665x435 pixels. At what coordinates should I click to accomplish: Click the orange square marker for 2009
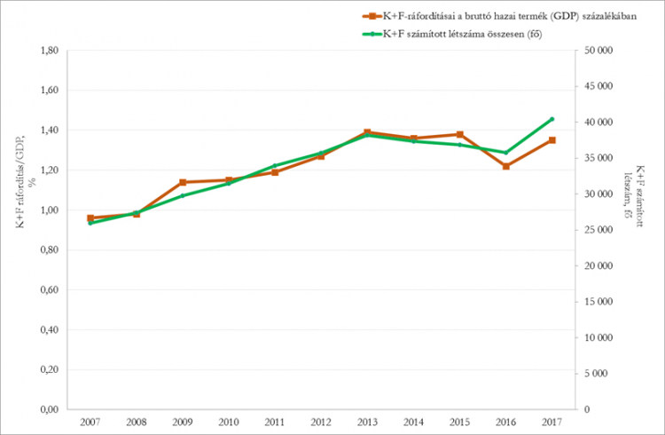pyautogui.click(x=183, y=182)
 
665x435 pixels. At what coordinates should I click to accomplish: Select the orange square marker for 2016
pyautogui.click(x=505, y=166)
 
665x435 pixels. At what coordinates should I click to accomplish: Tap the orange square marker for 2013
pyautogui.click(x=367, y=132)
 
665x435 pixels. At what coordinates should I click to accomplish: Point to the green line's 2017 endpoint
pyautogui.click(x=552, y=119)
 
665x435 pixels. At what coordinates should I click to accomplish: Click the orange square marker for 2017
pyautogui.click(x=552, y=140)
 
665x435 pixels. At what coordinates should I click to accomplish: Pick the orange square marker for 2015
pyautogui.click(x=459, y=134)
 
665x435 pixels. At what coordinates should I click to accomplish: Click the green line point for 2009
pyautogui.click(x=183, y=195)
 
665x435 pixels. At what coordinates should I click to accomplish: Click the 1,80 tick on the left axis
pyautogui.click(x=47, y=51)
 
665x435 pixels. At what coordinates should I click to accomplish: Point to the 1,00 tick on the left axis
pyautogui.click(x=47, y=210)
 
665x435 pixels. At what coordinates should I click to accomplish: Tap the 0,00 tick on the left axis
pyautogui.click(x=47, y=409)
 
